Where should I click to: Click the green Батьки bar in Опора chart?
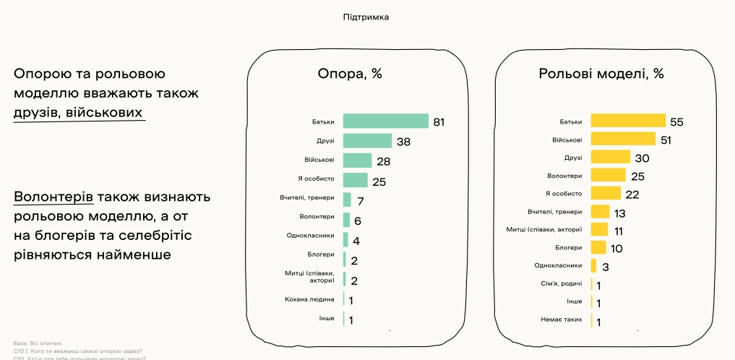385,121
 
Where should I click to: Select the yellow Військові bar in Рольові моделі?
623,139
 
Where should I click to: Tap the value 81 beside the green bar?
438,121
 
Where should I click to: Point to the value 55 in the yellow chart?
676,121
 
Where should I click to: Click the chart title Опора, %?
350,74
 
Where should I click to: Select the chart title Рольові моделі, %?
601,74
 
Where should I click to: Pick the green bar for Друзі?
367,141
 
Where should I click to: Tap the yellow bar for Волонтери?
608,175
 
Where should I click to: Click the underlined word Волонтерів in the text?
53,197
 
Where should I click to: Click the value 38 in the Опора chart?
403,142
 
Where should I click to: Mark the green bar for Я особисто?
355,179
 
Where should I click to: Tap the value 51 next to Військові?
666,140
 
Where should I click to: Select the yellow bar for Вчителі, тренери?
600,212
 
